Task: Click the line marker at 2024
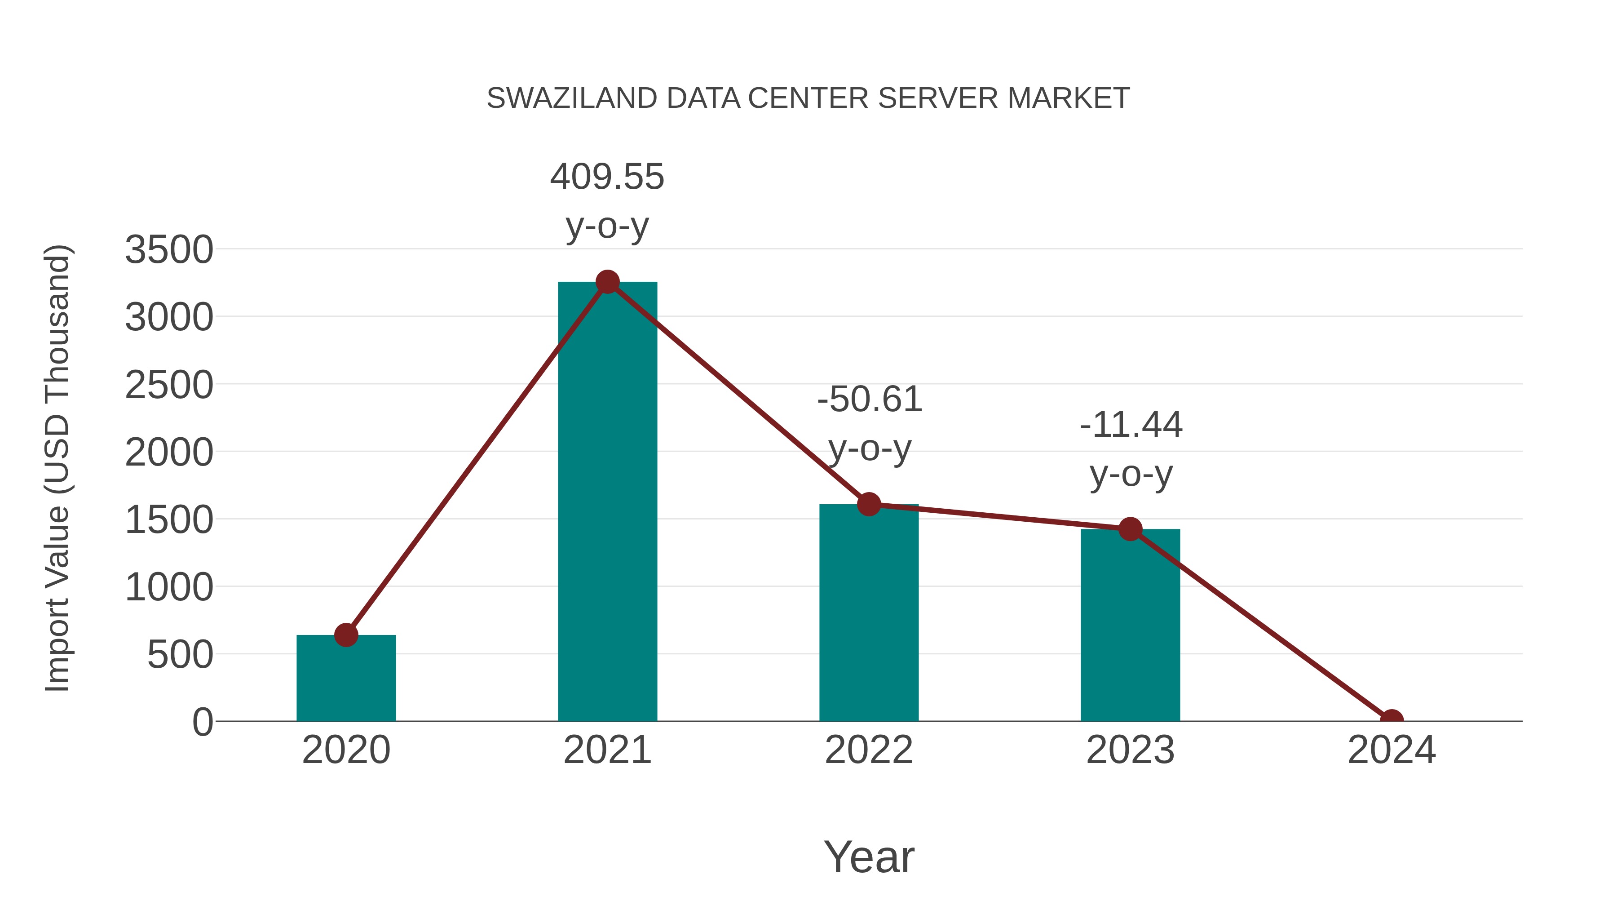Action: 1391,720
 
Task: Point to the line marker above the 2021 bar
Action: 607,282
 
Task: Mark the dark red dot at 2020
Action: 346,635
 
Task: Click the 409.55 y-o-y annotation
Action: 607,177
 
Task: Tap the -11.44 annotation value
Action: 1131,425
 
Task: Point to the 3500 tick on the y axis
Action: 169,249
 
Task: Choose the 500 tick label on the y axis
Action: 180,655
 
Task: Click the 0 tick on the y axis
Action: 203,722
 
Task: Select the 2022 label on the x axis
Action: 868,750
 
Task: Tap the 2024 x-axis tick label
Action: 1391,750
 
